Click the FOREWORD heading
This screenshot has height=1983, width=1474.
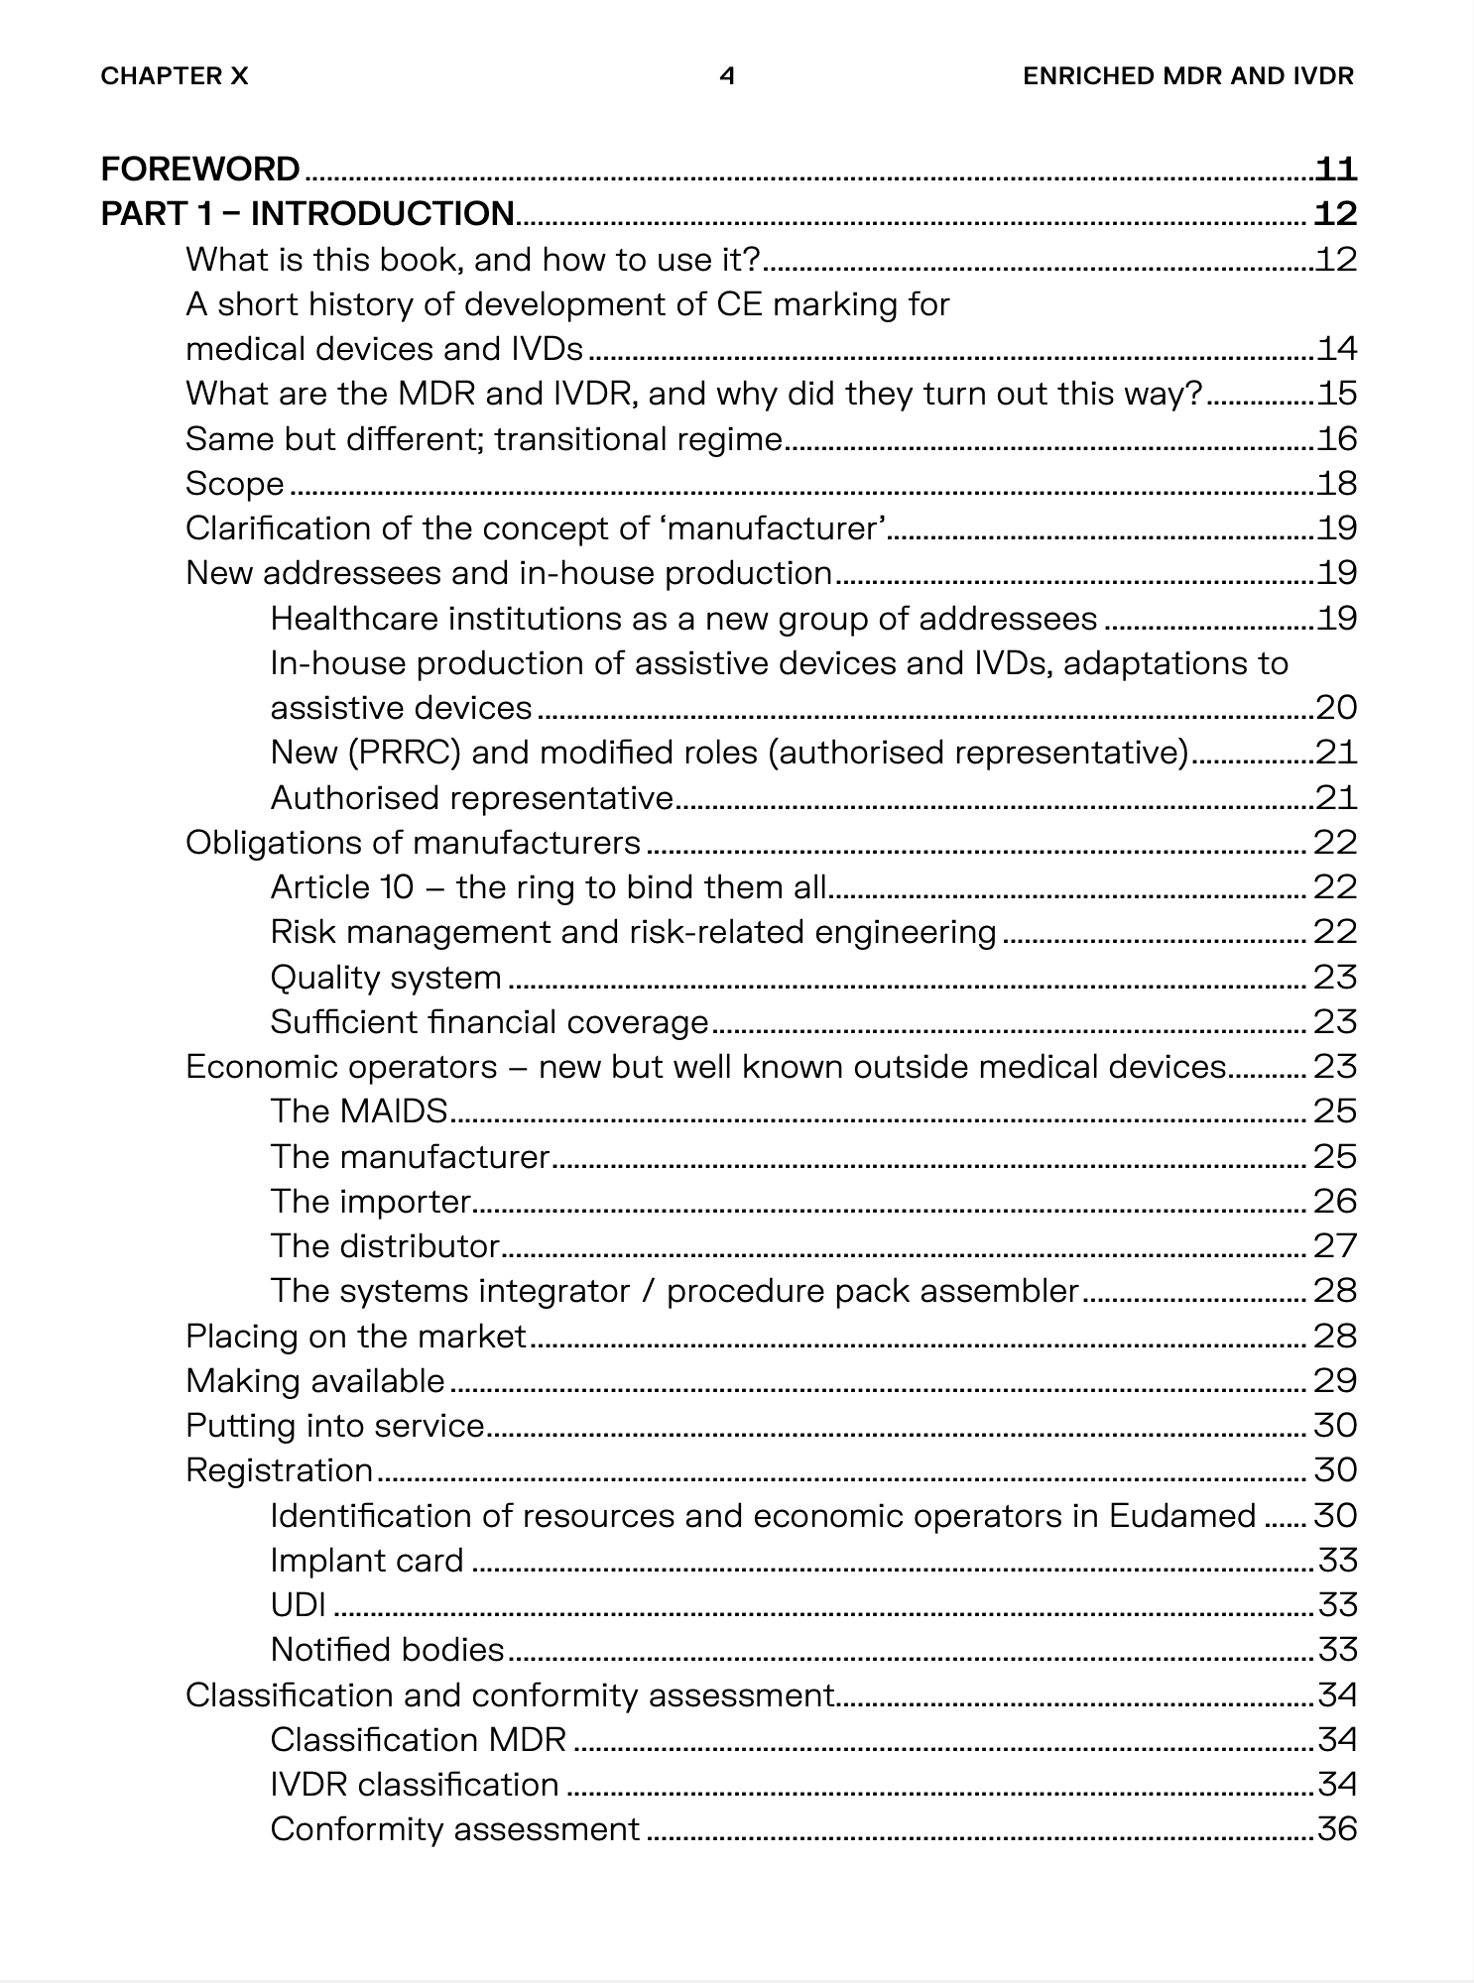[x=200, y=170]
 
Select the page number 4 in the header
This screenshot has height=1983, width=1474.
[x=727, y=76]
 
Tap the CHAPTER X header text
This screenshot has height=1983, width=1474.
[x=175, y=76]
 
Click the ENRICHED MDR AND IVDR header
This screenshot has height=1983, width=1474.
[x=1187, y=76]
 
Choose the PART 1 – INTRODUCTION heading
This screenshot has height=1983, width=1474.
[x=307, y=214]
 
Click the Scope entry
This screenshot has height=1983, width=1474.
[x=235, y=484]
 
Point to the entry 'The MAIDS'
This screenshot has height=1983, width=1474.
[x=359, y=1111]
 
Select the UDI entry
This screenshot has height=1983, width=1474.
[x=299, y=1604]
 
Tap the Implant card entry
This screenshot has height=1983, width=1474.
[x=367, y=1560]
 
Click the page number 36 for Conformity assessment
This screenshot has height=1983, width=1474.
[x=1336, y=1828]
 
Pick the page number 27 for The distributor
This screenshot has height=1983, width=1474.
[x=1335, y=1245]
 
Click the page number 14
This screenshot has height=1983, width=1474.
[x=1336, y=349]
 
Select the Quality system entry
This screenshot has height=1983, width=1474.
[x=386, y=978]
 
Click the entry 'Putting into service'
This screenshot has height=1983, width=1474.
[x=335, y=1426]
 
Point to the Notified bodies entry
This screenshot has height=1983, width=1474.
[x=388, y=1649]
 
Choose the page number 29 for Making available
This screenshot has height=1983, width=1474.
[x=1335, y=1380]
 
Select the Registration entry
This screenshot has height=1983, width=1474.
[x=280, y=1470]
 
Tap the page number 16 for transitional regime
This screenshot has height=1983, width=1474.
[x=1336, y=438]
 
